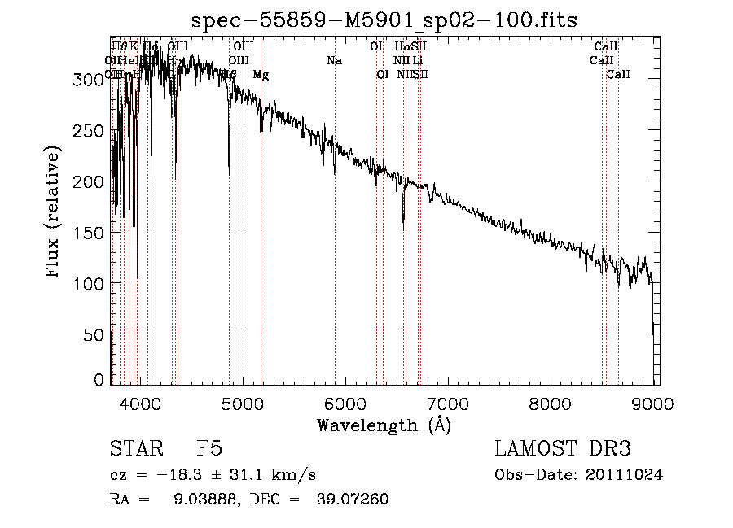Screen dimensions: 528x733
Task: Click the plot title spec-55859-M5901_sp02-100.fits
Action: coord(384,20)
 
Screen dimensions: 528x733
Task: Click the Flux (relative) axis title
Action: coord(54,213)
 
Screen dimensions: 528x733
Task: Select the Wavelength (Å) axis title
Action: coord(384,425)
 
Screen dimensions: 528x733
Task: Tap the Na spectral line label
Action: coord(334,60)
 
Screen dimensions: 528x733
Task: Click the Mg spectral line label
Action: coord(261,75)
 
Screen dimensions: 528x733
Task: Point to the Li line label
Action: coord(417,60)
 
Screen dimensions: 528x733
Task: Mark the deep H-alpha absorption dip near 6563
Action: coord(403,220)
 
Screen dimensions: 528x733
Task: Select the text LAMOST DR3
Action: coord(563,449)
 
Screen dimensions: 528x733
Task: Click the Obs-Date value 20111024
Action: coord(624,475)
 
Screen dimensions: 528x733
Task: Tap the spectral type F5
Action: coord(209,449)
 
